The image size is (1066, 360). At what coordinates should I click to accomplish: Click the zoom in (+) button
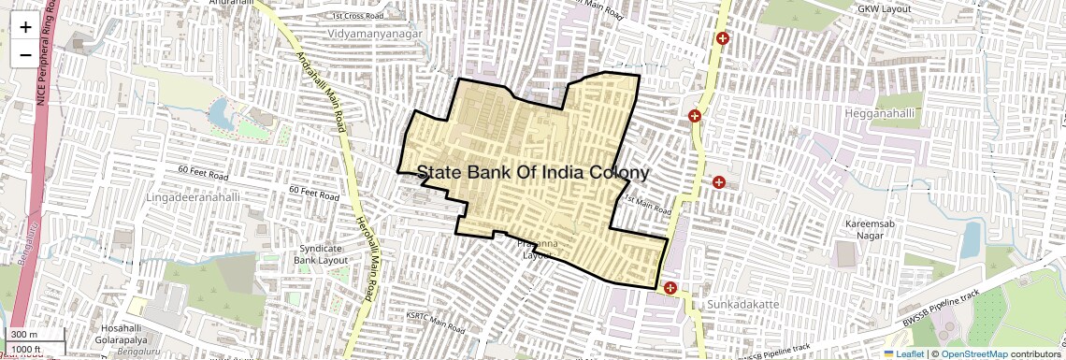[x=25, y=27]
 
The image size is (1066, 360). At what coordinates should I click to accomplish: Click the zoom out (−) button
[x=25, y=54]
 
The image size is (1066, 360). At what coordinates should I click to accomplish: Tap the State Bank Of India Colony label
[x=532, y=173]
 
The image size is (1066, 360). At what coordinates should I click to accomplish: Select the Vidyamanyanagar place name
[x=375, y=34]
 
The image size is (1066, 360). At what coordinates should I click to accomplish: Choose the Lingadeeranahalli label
[x=194, y=198]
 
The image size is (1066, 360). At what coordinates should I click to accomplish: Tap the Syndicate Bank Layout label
[x=322, y=253]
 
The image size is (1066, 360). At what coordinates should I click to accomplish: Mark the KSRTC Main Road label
[x=436, y=323]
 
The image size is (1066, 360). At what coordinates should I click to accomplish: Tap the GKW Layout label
[x=884, y=8]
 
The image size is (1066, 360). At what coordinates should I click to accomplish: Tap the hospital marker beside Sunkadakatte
[x=670, y=287]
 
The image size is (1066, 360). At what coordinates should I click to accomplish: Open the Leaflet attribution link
[x=903, y=354]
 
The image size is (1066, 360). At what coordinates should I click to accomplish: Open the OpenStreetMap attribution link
[x=973, y=354]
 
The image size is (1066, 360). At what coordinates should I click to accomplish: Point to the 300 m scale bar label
[x=25, y=335]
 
